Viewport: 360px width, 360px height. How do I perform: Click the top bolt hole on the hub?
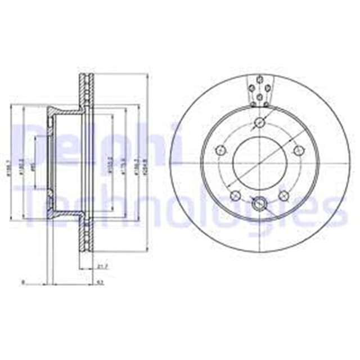260,124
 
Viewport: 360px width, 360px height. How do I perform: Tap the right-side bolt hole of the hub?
299,150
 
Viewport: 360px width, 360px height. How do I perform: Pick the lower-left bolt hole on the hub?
235,196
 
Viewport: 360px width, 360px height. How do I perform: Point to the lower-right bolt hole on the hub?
284,196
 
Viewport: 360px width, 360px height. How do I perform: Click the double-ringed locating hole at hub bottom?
260,204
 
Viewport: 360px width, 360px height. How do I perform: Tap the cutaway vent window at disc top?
260,91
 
